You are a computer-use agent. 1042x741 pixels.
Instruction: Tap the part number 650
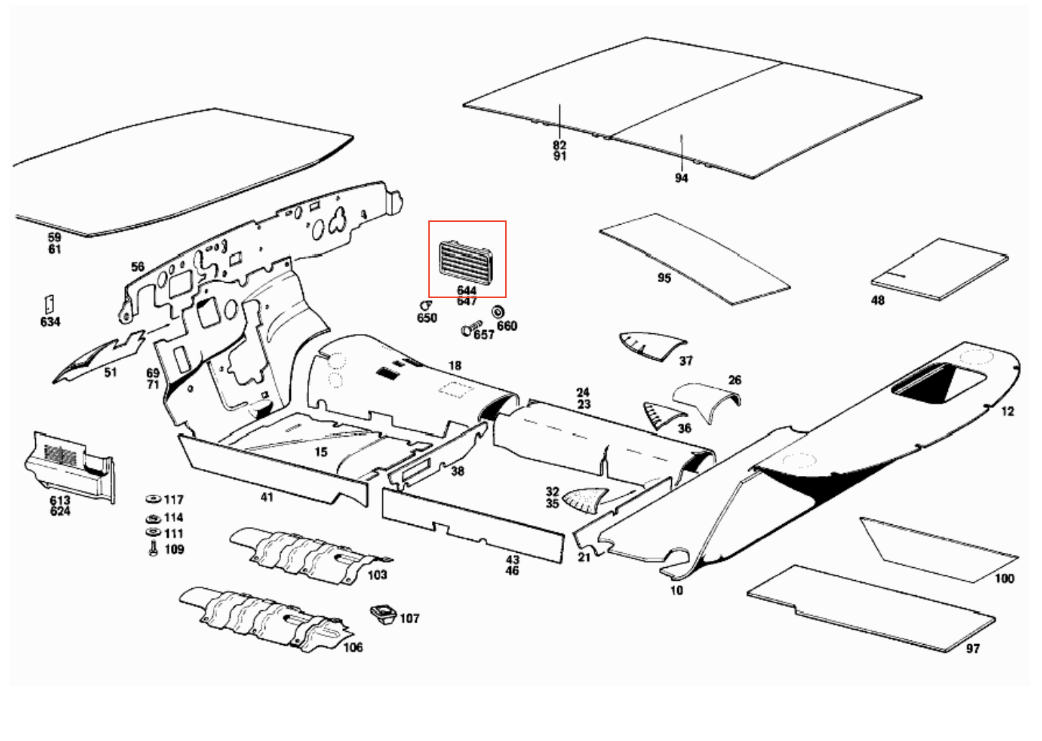pos(427,317)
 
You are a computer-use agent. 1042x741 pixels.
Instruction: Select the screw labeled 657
pos(469,330)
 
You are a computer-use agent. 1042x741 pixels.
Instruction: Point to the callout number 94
pos(681,177)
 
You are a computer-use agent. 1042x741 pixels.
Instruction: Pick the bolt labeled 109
pos(152,549)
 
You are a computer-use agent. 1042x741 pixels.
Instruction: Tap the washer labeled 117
pos(153,499)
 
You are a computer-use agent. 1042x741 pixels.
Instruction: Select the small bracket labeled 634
pos(50,304)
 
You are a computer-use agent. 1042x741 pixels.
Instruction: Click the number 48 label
pos(877,300)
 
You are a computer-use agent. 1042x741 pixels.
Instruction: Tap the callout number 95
pos(664,278)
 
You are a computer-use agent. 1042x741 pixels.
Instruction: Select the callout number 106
pos(353,648)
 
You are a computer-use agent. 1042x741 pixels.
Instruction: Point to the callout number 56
pos(137,267)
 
